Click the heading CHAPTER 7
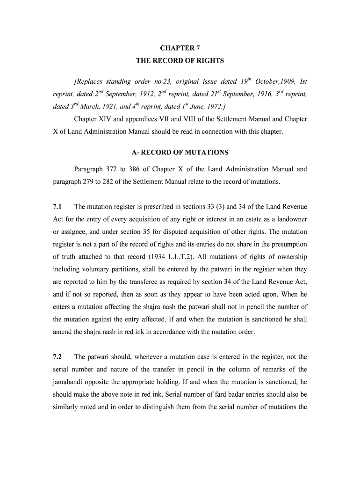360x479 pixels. coord(180,48)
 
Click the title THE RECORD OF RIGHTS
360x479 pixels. coord(180,61)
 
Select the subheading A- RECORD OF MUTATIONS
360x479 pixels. coord(180,152)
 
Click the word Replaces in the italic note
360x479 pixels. coord(90,82)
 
